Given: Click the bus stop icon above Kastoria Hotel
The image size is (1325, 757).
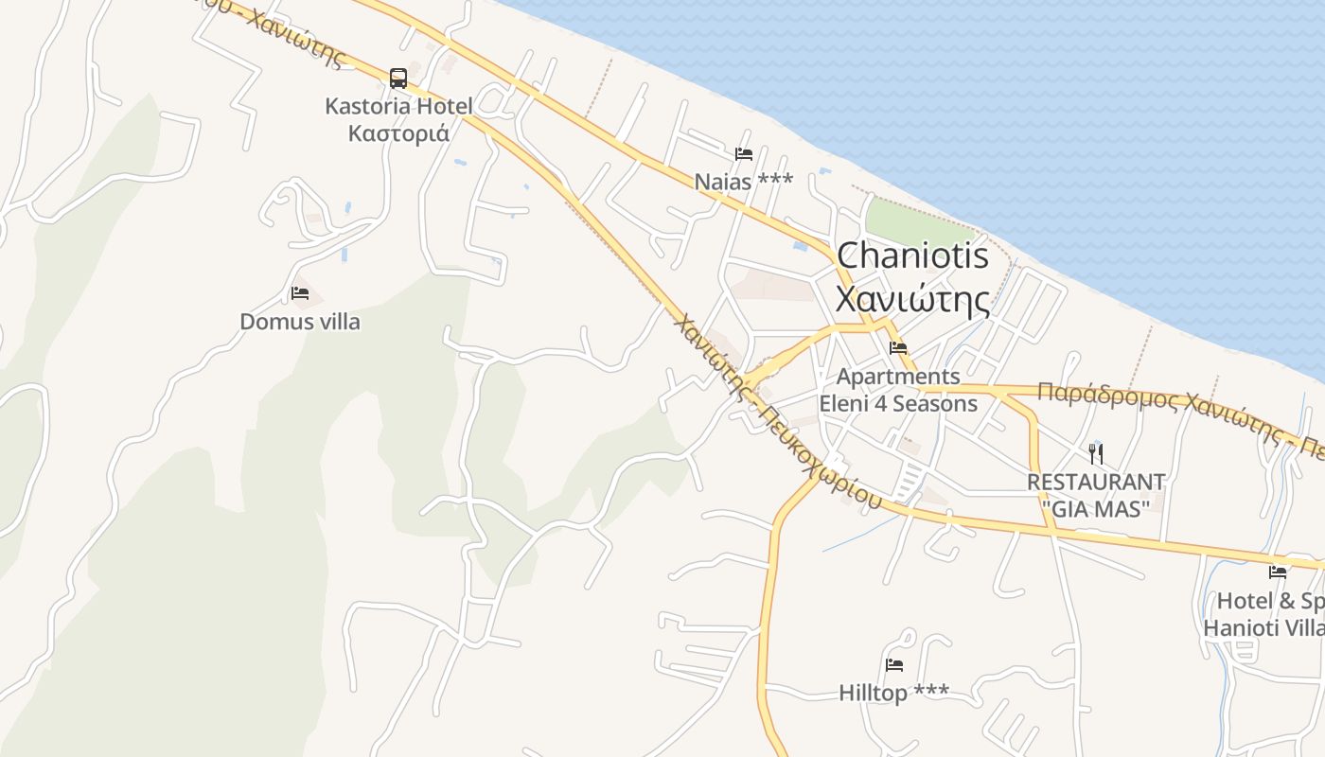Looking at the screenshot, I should click(x=398, y=78).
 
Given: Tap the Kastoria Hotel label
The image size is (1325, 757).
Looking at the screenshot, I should click(x=398, y=105).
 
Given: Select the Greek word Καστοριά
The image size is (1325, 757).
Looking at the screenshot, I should click(x=398, y=132).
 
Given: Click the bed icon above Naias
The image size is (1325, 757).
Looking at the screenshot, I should click(x=744, y=153).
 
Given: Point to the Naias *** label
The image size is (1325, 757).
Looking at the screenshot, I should click(x=744, y=181).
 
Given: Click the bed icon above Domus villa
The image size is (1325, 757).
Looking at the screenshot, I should click(x=300, y=293).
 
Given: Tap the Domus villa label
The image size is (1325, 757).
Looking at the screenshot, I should click(x=300, y=322).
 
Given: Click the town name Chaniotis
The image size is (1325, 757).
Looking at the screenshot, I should click(x=912, y=255).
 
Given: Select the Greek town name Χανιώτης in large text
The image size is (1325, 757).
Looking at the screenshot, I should click(x=912, y=299).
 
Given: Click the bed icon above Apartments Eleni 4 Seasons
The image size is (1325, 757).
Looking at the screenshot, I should click(x=898, y=348).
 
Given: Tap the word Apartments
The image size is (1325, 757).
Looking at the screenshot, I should click(x=898, y=377).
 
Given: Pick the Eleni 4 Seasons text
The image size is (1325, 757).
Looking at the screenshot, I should click(x=898, y=404).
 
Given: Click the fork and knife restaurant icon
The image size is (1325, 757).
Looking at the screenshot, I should click(x=1096, y=453).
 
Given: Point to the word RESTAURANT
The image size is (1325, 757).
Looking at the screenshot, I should click(x=1096, y=483).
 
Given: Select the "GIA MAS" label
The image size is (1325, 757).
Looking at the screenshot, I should click(x=1096, y=508).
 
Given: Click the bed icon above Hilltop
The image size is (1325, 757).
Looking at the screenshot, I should click(x=894, y=665).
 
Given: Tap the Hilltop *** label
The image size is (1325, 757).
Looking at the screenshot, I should click(x=894, y=694).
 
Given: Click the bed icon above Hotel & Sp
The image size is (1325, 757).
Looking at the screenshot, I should click(x=1278, y=572).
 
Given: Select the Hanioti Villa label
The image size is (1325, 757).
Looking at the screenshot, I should click(x=1263, y=628).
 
